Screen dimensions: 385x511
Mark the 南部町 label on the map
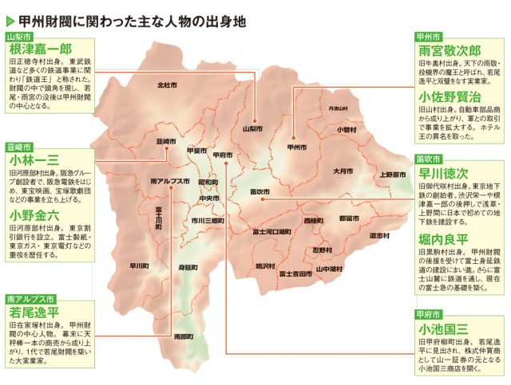coord(183,336)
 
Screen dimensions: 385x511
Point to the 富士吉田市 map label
coord(295,273)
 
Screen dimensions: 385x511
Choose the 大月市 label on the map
coord(343,171)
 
